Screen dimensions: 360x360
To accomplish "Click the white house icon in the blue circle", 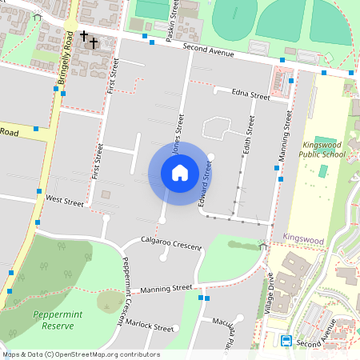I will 180,172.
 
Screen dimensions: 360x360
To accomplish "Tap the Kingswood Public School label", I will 322,149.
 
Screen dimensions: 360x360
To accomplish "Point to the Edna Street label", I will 250,94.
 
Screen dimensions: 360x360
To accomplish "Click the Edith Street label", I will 249,135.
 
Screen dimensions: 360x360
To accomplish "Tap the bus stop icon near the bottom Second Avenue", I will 286,341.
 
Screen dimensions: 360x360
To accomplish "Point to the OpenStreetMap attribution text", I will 81,354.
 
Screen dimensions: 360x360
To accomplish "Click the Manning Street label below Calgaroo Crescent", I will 166,286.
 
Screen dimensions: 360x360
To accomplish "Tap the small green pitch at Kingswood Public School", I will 323,171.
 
